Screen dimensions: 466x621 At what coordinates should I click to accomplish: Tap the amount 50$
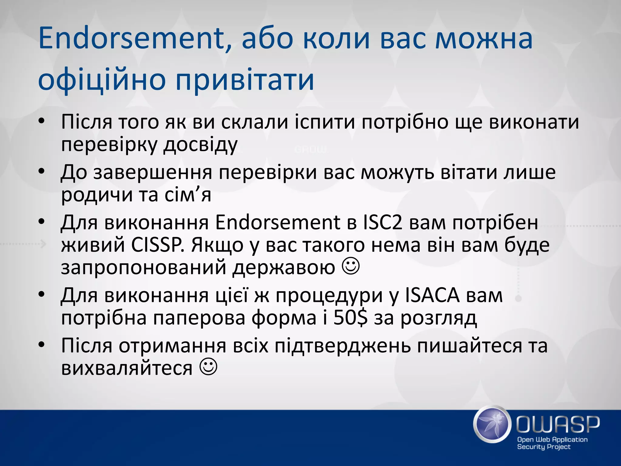[351, 318]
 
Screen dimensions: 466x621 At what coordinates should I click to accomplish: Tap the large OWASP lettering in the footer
[558, 424]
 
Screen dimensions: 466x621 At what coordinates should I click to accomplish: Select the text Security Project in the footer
[543, 447]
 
